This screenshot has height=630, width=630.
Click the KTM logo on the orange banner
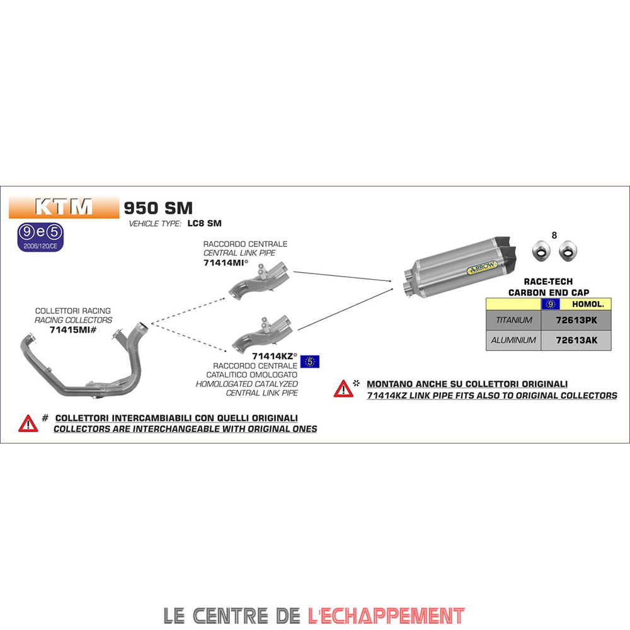click(x=64, y=207)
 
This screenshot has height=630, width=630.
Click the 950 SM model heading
click(x=158, y=208)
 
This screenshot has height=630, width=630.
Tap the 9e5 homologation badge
click(x=40, y=237)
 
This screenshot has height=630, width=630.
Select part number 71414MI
click(x=224, y=263)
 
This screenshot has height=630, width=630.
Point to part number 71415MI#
click(x=72, y=330)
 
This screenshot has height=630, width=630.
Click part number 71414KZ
click(x=272, y=356)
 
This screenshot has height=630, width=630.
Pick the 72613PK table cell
click(x=576, y=320)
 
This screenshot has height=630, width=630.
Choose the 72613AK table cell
click(x=576, y=340)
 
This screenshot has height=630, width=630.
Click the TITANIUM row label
click(x=513, y=320)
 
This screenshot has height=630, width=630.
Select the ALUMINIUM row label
click(x=513, y=340)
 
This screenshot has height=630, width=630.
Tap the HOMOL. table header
click(x=588, y=304)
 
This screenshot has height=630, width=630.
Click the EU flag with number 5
click(x=310, y=362)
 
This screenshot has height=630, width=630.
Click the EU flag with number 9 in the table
click(x=551, y=304)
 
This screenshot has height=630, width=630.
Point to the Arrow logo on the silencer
click(x=482, y=268)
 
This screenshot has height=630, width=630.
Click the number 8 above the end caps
click(x=554, y=236)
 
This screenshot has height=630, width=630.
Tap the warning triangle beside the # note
click(x=28, y=423)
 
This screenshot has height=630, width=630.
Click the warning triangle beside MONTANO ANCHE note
click(x=343, y=389)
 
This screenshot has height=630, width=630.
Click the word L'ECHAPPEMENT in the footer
click(x=387, y=616)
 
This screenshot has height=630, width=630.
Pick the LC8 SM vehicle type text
click(x=205, y=224)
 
